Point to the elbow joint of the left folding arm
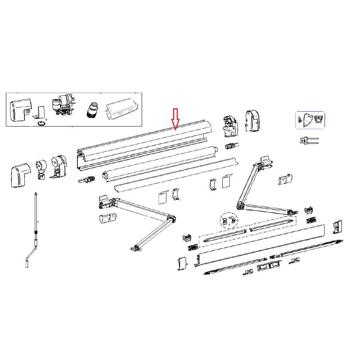tap(171, 219)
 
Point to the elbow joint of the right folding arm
tap(240, 206)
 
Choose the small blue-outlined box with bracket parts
tap(310, 120)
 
